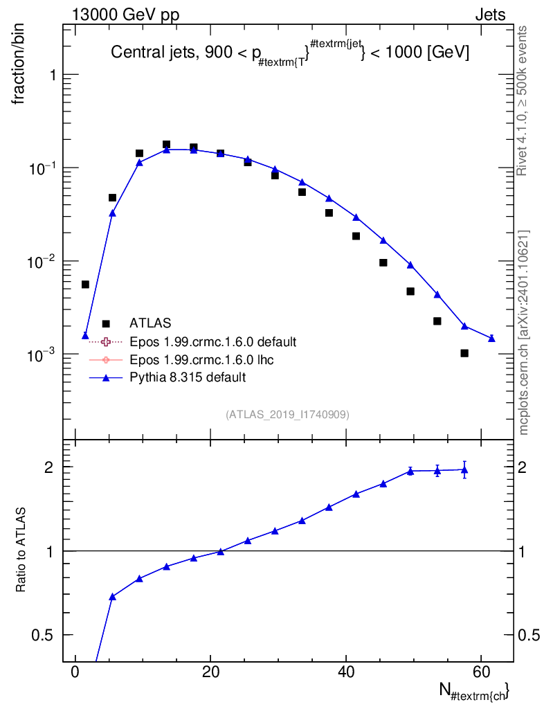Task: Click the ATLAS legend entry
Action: [x=150, y=323]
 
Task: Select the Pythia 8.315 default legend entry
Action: [x=188, y=377]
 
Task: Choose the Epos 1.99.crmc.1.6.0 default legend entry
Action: [x=212, y=341]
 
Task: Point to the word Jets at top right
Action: [x=489, y=14]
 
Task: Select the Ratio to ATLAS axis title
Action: [x=21, y=550]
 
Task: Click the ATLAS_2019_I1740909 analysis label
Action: [x=287, y=415]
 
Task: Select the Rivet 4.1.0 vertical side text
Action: [x=523, y=100]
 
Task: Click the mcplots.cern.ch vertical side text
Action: [x=524, y=332]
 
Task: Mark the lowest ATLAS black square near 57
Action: [x=464, y=353]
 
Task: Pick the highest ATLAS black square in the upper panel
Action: [x=166, y=145]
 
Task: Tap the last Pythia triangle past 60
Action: [x=491, y=338]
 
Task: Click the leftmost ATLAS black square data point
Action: [x=85, y=285]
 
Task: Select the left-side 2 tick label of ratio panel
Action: [x=51, y=467]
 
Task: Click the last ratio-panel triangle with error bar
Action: [x=464, y=469]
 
